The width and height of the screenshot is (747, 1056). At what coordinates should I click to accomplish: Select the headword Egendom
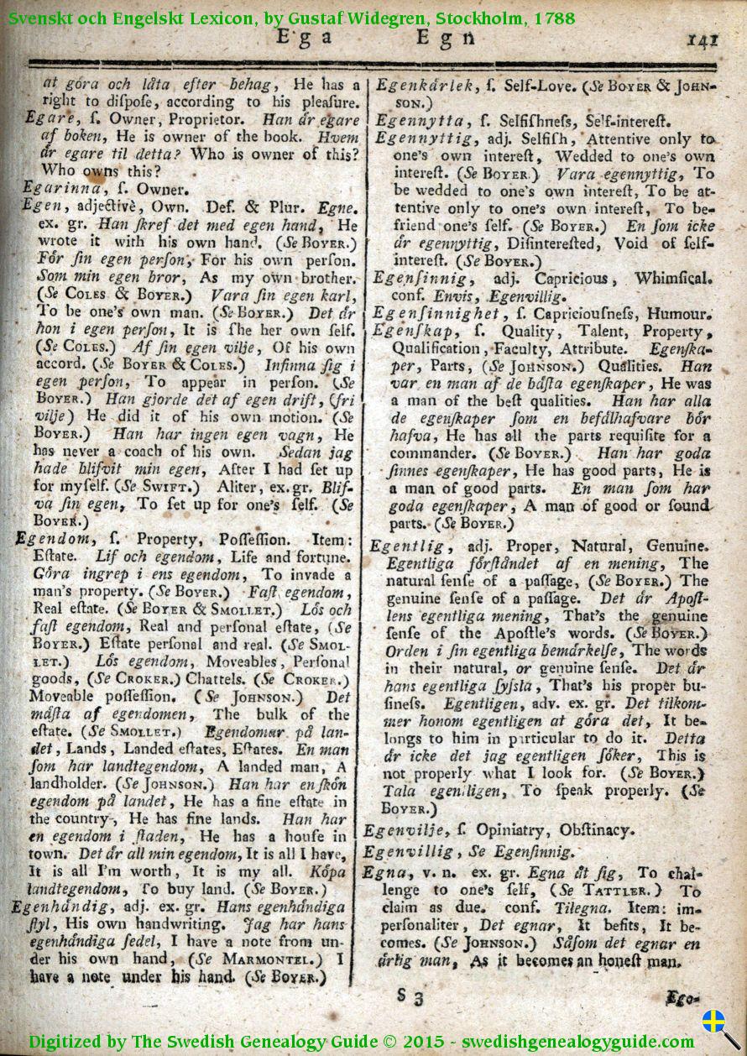pos(52,540)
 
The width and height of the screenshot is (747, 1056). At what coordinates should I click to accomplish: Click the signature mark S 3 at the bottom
pos(410,997)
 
